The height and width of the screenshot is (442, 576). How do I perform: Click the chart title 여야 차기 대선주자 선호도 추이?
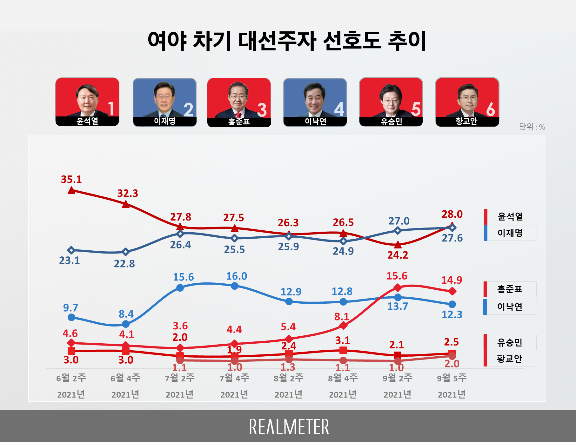pos(287,41)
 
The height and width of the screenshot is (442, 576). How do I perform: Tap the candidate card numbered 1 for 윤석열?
pos(87,102)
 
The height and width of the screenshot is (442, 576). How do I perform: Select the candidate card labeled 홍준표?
pos(239,102)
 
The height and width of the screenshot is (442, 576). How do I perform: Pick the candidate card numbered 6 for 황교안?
pos(467,102)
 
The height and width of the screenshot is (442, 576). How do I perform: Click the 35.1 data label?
pos(71,179)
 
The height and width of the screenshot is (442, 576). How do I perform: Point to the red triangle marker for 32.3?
pos(126,204)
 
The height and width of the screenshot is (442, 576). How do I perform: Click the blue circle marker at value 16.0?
pos(235,286)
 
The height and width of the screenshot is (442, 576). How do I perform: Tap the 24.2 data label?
pos(398,255)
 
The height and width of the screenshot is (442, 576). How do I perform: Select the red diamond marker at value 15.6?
pos(398,288)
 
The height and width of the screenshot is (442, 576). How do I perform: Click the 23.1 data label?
pos(70,261)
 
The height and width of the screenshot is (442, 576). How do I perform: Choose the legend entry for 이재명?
pos(510,233)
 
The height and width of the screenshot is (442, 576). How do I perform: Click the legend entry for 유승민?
pos(510,343)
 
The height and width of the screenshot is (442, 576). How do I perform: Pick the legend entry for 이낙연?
pos(510,307)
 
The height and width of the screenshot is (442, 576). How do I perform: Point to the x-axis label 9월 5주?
pos(452,378)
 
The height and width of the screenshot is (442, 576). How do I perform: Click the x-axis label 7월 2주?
pos(180,378)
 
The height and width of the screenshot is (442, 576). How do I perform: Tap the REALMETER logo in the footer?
pos(289,427)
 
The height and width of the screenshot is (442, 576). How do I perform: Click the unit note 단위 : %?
pos(532,127)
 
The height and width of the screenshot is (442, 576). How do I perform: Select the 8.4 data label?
pos(126,314)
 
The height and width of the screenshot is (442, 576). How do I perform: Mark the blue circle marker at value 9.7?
pos(71,317)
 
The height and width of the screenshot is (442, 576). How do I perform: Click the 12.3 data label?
pos(452,315)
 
